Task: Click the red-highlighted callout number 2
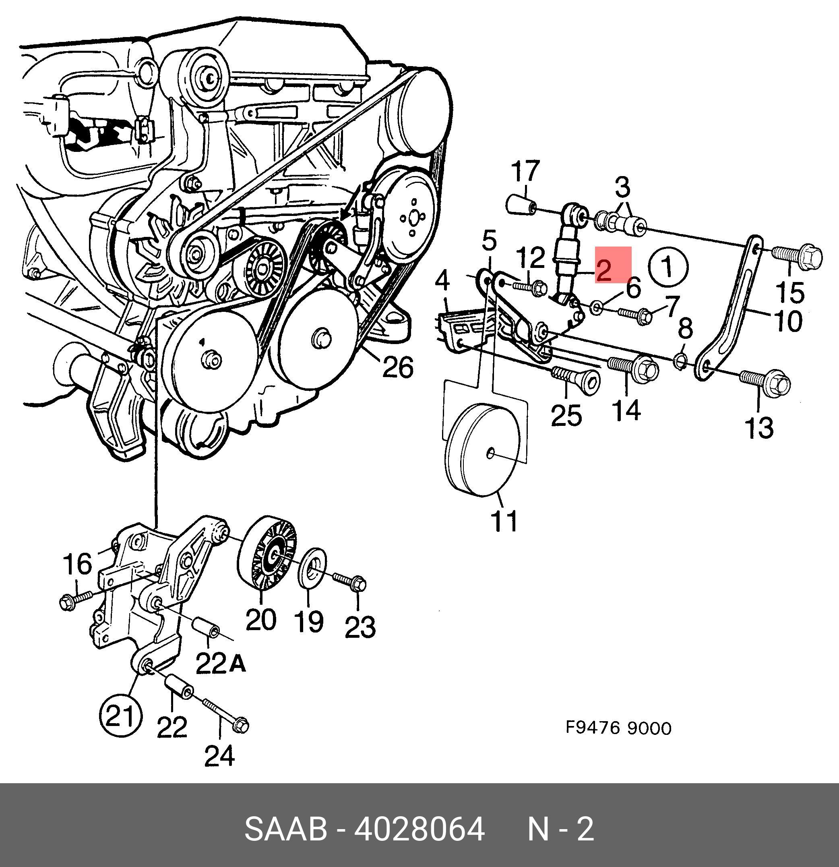tap(613, 265)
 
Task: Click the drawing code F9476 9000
tap(618, 728)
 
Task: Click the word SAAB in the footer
tap(285, 829)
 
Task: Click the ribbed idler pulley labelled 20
tap(267, 552)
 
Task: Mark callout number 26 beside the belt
tap(397, 367)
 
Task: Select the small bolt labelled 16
tap(76, 600)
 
